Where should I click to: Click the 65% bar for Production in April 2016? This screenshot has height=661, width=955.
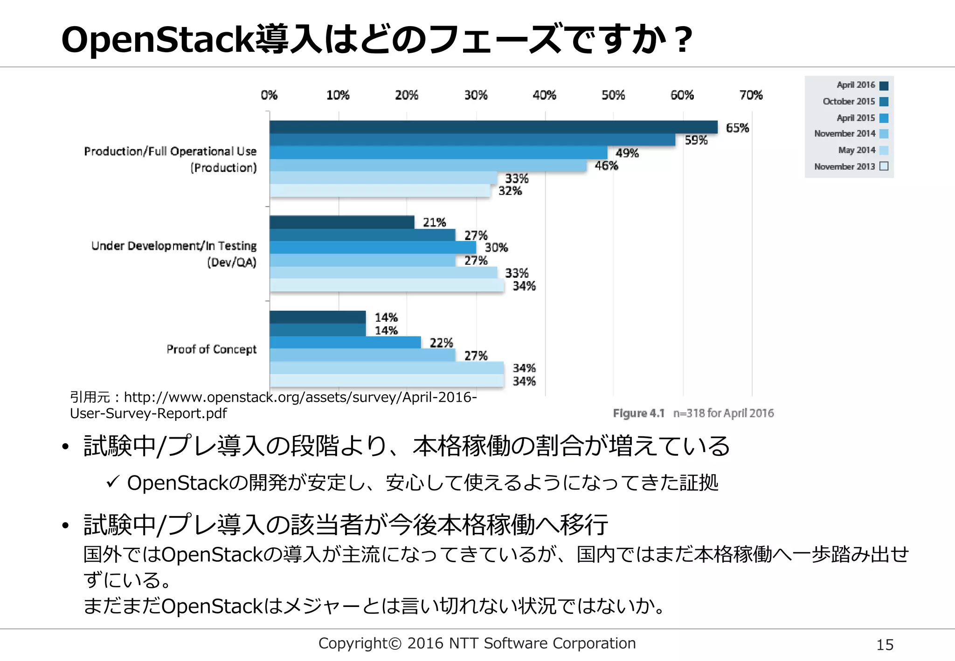pos(493,127)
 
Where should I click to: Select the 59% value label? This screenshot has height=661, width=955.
pos(696,140)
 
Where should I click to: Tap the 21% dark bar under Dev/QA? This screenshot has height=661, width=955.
pos(342,222)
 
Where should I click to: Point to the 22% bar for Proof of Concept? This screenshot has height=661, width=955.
pos(345,343)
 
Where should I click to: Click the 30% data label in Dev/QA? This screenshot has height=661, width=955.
pos(496,248)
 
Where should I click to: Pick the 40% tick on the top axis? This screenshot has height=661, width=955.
pos(544,96)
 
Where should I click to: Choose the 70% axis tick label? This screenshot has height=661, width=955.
pos(751,96)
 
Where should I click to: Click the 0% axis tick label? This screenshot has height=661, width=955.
pos(269,96)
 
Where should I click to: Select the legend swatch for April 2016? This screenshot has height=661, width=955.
pos(884,86)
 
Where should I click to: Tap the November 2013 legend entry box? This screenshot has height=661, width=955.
pos(884,166)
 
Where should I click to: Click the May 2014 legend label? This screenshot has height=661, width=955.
pos(857,150)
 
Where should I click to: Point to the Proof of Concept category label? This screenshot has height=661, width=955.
pos(211,349)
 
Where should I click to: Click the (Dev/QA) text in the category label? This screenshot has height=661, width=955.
pos(232,262)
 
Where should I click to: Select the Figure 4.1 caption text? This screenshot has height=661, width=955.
pos(638,413)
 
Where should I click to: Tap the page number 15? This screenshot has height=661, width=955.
pos(885,645)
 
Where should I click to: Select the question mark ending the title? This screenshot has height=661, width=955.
pos(683,40)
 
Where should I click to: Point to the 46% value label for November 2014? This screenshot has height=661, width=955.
pos(606,166)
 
